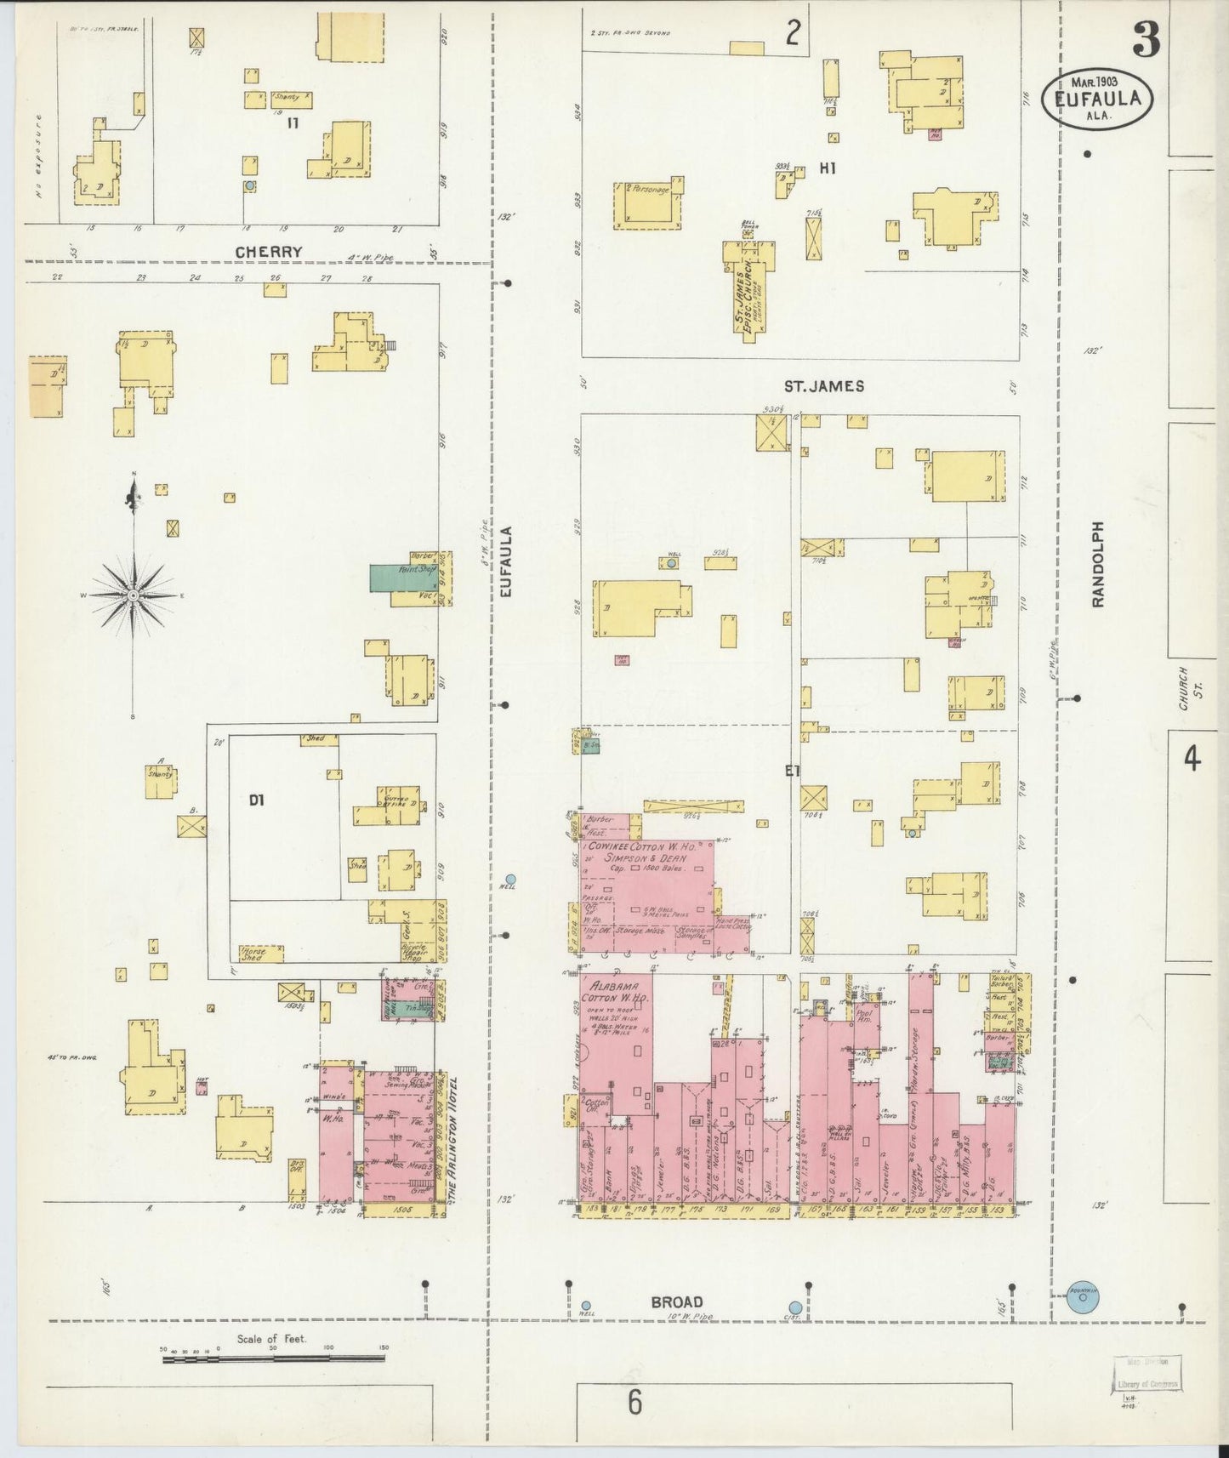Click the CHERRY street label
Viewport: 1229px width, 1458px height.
click(269, 252)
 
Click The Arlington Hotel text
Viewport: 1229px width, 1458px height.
click(454, 1140)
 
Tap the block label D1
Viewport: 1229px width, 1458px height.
click(258, 800)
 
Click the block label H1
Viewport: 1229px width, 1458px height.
click(828, 168)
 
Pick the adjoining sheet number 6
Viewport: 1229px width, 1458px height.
click(635, 1402)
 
